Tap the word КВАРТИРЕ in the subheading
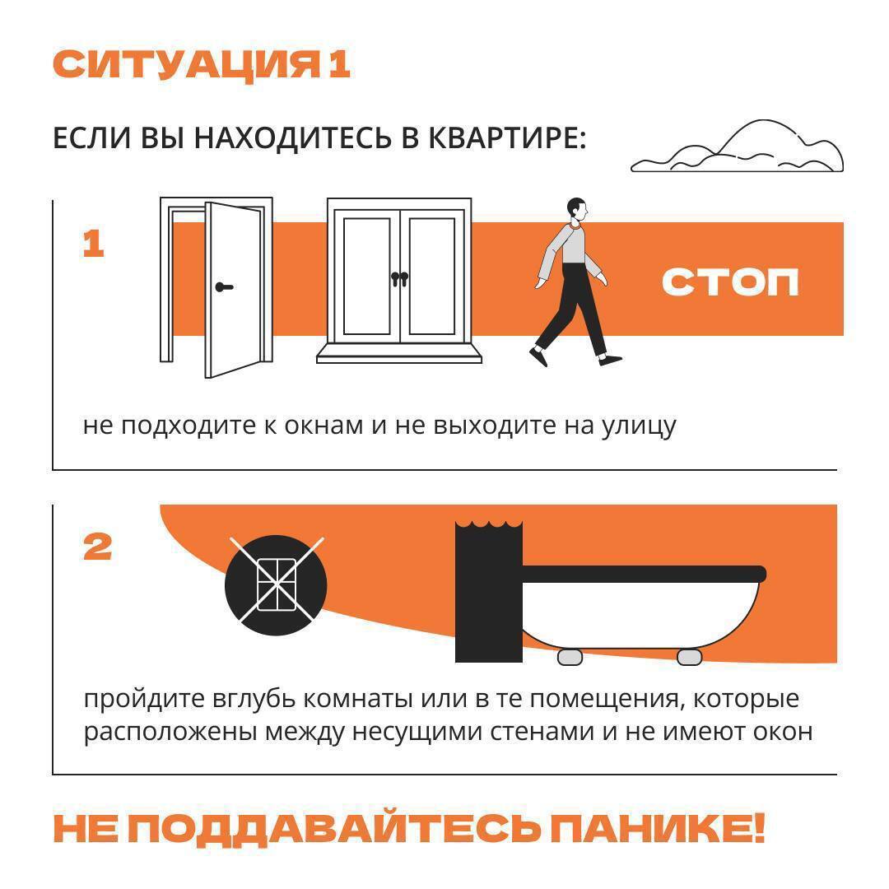point(505,138)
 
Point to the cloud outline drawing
point(738,150)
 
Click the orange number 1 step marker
point(93,244)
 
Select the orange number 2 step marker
point(98,547)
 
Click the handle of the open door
point(223,287)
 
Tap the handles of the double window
point(399,280)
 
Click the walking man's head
point(577,209)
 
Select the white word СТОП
point(730,282)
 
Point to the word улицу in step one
point(638,426)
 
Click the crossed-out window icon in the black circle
point(276,584)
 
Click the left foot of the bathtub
point(570,657)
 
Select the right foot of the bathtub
point(689,657)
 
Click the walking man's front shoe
point(611,360)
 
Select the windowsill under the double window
point(399,353)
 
